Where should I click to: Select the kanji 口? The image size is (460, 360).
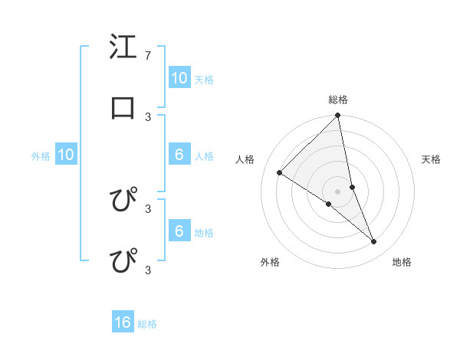tap(123, 109)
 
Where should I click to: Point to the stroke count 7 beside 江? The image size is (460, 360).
tap(147, 56)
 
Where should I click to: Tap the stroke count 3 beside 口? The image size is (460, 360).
tap(147, 116)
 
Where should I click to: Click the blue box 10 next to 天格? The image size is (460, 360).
tap(179, 77)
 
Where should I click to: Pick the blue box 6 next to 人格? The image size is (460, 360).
tap(179, 155)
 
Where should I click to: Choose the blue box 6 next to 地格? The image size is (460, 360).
tap(179, 231)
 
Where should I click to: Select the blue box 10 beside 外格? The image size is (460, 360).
tap(66, 155)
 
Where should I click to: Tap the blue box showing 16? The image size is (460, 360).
tap(123, 322)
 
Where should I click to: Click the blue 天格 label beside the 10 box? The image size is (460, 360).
tap(203, 79)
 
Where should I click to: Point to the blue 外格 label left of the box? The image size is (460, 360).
tap(41, 156)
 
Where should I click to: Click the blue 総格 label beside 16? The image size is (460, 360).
tap(147, 324)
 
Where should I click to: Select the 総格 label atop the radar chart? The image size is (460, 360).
tap(338, 100)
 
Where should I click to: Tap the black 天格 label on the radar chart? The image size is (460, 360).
tap(432, 159)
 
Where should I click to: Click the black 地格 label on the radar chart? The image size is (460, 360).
tap(402, 262)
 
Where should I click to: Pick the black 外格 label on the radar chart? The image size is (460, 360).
tap(270, 262)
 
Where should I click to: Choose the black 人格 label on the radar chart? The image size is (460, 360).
tap(245, 159)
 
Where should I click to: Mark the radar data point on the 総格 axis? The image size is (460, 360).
tap(338, 116)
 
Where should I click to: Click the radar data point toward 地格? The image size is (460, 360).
tap(373, 241)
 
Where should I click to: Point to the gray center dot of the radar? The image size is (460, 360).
tap(338, 191)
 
